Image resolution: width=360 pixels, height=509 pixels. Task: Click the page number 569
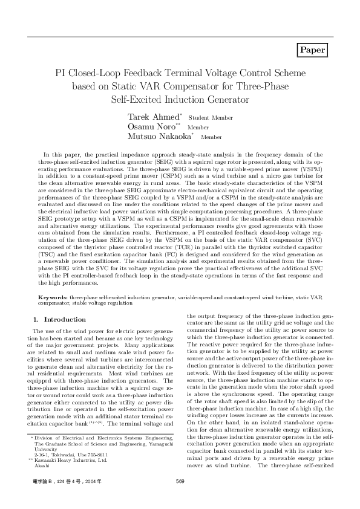(180, 498)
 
